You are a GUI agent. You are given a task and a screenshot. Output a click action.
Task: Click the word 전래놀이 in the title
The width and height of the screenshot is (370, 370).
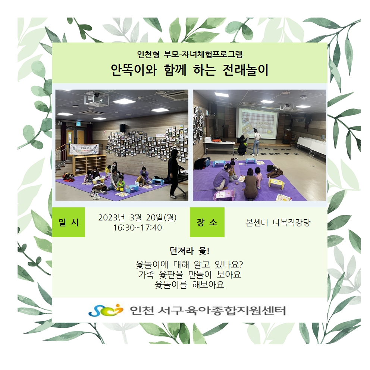point(245,70)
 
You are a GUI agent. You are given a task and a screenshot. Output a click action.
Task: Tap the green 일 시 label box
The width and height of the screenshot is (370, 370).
point(68,222)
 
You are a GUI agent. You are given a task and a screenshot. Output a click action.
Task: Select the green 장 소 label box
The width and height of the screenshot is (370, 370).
point(207,222)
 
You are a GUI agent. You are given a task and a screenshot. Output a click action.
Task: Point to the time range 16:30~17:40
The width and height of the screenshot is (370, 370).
point(137,228)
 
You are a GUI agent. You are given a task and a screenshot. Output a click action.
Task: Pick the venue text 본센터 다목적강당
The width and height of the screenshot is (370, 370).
point(278,223)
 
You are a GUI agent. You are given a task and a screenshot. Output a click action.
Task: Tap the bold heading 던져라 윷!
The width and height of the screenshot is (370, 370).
point(189,251)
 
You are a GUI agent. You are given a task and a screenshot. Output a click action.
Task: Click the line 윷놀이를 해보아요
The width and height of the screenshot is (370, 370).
point(189,285)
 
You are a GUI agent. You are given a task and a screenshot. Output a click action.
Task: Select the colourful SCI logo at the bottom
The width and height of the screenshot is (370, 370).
point(106,310)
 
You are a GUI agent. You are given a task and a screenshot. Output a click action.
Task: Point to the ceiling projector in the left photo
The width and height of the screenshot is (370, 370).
point(96,98)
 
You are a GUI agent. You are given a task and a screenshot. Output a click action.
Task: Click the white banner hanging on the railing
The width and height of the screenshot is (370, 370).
point(84,149)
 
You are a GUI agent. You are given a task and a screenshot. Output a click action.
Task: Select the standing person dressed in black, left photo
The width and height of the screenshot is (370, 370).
point(175,173)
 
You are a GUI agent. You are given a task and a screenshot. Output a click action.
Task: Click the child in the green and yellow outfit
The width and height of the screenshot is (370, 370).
point(120,183)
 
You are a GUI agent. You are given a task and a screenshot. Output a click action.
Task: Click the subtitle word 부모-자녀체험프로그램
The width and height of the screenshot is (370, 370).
point(203,54)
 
